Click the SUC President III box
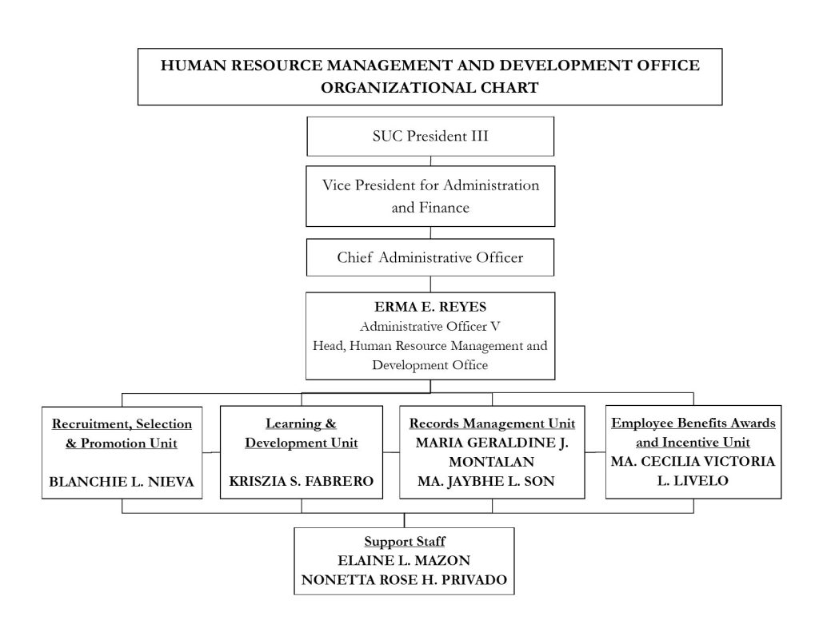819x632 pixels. click(x=430, y=136)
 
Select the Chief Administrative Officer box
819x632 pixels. click(x=430, y=257)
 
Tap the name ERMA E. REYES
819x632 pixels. click(x=430, y=307)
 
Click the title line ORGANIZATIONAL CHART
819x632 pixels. click(x=429, y=87)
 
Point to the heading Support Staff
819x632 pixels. click(x=405, y=541)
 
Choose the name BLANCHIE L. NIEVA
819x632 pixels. click(x=122, y=481)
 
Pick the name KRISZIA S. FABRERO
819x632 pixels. click(x=302, y=481)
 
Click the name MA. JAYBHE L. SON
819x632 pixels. click(x=486, y=481)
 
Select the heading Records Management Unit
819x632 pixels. click(x=492, y=423)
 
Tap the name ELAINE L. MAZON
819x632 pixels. click(x=404, y=561)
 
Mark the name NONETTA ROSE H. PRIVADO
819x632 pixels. click(x=404, y=580)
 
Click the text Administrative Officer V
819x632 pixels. click(x=429, y=326)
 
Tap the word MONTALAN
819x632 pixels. click(x=492, y=462)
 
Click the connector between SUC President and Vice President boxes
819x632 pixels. click(x=430, y=161)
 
